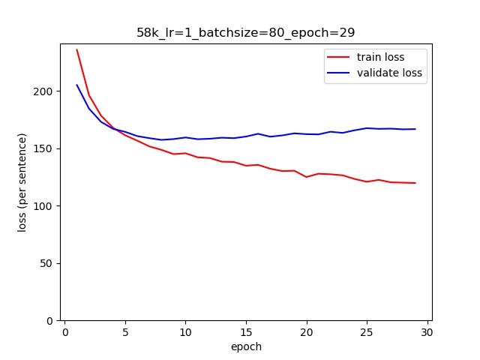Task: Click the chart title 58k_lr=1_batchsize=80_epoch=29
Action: click(245, 32)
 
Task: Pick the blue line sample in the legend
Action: click(337, 73)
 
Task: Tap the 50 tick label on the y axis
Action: click(49, 263)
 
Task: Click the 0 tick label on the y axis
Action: click(52, 321)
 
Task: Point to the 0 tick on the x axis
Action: click(65, 332)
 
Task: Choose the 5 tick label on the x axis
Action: click(125, 332)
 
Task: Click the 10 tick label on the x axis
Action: click(185, 332)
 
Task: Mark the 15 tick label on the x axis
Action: click(246, 332)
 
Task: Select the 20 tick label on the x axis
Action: click(306, 332)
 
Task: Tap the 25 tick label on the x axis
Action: click(367, 332)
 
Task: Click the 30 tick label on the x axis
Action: click(427, 332)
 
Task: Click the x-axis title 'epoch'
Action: click(246, 346)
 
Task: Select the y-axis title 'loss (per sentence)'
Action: click(22, 182)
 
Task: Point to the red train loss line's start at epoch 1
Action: click(76, 50)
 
